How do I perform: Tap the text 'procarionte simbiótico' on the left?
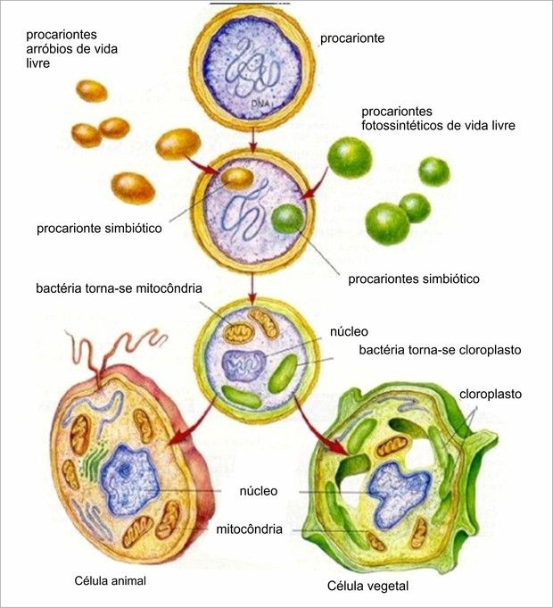point(99,228)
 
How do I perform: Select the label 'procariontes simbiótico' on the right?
point(414,279)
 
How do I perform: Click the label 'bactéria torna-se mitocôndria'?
point(119,288)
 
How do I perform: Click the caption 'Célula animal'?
point(111,580)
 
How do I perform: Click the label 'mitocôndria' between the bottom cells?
point(250,529)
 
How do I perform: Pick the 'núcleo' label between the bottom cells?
point(259,490)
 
